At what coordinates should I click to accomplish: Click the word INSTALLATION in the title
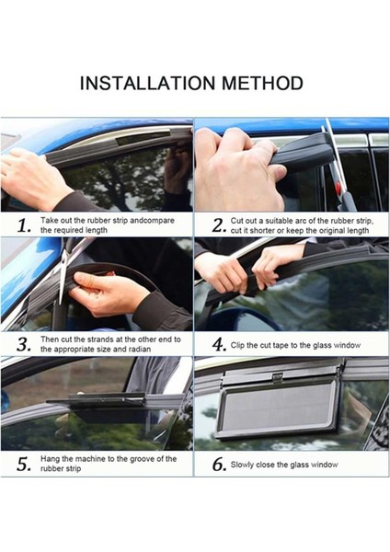pos(147,83)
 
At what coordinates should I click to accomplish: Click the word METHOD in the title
pos(262,83)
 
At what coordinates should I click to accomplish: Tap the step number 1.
pos(24,225)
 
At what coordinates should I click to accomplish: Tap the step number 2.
pos(218,225)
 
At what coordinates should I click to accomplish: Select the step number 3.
pos(24,344)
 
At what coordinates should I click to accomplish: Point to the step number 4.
pos(218,344)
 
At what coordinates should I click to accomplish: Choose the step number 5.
pos(24,465)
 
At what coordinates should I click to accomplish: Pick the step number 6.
pos(219,465)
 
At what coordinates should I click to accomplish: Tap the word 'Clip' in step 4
pos(237,345)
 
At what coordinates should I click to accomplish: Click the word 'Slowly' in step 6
pos(242,465)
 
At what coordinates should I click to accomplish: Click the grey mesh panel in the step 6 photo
pos(278,406)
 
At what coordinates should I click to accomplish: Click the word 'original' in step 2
pos(333,231)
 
